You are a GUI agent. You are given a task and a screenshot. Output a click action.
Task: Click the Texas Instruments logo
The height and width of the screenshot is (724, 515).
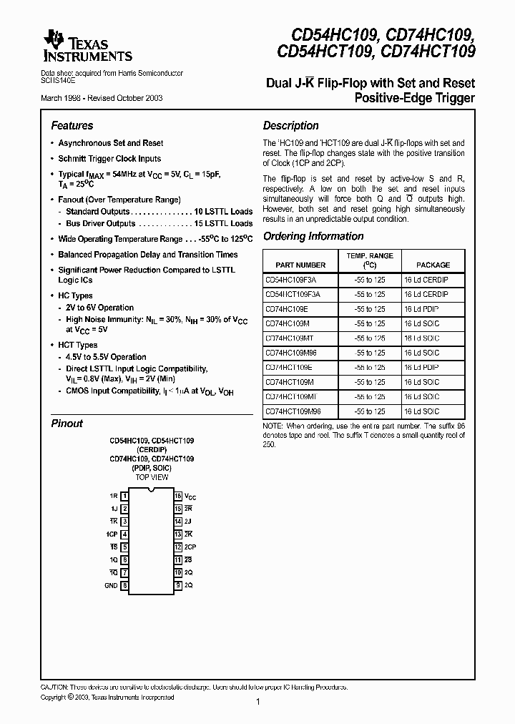(x=87, y=47)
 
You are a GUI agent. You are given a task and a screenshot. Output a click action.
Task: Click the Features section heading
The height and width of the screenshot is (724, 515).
(x=72, y=125)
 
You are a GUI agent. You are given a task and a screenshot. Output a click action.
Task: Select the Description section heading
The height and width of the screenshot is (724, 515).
(x=290, y=125)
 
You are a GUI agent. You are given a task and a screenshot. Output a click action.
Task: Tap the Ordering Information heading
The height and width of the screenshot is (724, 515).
(x=313, y=236)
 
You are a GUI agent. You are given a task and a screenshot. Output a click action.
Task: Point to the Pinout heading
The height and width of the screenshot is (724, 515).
(x=67, y=424)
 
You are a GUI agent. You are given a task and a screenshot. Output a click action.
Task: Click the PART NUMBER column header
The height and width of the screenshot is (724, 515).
(x=295, y=265)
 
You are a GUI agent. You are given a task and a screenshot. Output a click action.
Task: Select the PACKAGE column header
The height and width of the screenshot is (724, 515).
(x=433, y=265)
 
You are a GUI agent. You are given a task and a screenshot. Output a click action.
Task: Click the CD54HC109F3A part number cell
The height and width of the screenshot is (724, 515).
(x=290, y=280)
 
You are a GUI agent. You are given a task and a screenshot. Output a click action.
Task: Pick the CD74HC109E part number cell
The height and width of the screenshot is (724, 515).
(x=288, y=308)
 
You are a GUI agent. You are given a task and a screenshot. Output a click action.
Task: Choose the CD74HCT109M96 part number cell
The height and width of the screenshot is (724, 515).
(x=293, y=411)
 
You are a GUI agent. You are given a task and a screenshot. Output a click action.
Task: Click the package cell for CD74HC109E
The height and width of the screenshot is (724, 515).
(x=421, y=308)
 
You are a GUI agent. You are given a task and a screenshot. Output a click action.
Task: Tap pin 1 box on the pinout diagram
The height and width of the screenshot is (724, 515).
(x=125, y=496)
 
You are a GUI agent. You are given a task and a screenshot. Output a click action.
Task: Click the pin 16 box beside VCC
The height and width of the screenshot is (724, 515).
(x=177, y=496)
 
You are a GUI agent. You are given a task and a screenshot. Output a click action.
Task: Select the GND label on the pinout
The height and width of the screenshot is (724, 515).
(x=111, y=585)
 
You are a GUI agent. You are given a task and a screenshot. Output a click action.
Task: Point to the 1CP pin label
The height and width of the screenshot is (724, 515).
(x=112, y=534)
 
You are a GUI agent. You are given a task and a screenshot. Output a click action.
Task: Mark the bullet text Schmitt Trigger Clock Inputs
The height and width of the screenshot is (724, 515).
(x=109, y=159)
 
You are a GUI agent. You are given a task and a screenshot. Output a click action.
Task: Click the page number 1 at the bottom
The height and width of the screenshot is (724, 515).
(x=257, y=703)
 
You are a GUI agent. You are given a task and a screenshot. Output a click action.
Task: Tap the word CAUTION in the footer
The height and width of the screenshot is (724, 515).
(x=55, y=686)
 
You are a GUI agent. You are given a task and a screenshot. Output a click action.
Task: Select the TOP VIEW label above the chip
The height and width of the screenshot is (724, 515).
(x=151, y=476)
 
